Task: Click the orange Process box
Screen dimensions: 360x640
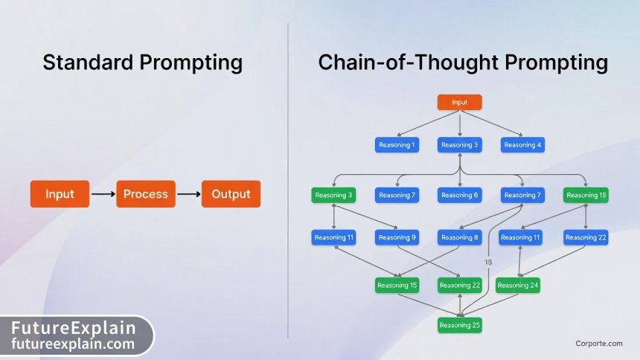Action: [x=146, y=194]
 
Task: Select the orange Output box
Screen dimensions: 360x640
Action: [x=231, y=194]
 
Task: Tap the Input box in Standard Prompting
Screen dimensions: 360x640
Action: [x=60, y=194]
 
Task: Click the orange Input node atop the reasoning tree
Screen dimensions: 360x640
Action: [x=460, y=102]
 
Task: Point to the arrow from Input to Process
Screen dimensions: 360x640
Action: [x=102, y=194]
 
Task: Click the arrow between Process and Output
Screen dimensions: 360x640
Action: [x=188, y=194]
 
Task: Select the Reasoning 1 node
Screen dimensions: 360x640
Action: [x=397, y=144]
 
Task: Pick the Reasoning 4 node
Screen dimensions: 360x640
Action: [x=522, y=144]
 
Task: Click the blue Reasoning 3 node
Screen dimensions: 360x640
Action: [x=460, y=144]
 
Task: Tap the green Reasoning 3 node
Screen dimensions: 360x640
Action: [x=333, y=195]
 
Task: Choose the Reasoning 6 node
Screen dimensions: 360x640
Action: [x=460, y=195]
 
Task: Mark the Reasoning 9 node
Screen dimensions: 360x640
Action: [x=397, y=237]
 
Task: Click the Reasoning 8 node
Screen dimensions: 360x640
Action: [x=460, y=237]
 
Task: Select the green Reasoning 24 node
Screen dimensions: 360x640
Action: [x=518, y=285]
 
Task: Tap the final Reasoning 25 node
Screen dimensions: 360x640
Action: [x=460, y=325]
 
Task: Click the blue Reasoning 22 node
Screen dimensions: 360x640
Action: [x=586, y=237]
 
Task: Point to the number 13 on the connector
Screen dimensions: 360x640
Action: [x=488, y=262]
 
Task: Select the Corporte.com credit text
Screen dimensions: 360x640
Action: [x=598, y=343]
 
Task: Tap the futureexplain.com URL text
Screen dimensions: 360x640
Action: [x=73, y=344]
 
